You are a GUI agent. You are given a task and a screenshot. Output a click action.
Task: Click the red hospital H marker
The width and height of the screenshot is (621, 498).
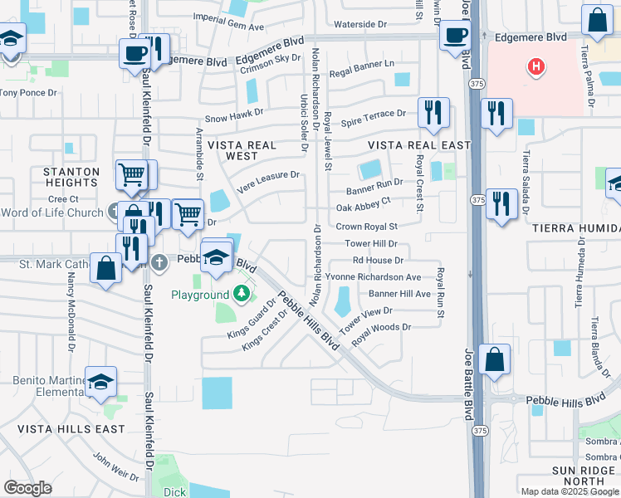coord(536,66)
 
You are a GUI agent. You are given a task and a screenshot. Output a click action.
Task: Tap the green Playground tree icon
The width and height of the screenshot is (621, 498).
coord(241,295)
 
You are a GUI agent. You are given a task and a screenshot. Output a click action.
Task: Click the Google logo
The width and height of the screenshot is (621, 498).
coord(27,488)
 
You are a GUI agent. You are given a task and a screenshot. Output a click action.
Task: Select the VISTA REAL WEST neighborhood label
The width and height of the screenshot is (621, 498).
coord(242,150)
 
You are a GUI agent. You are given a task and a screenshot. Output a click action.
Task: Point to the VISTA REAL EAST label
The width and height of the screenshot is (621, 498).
coord(419,145)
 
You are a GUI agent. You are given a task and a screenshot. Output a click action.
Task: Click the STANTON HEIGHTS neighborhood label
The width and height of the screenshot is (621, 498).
coord(71,177)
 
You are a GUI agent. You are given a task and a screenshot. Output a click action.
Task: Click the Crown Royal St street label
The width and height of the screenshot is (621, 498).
coord(366,226)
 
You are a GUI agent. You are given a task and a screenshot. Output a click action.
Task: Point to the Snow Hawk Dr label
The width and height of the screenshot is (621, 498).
coord(233,112)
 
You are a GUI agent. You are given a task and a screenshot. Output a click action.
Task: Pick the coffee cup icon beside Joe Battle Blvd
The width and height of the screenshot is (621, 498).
coord(454,36)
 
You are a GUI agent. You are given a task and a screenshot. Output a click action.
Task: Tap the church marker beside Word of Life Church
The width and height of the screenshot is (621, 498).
coord(113,212)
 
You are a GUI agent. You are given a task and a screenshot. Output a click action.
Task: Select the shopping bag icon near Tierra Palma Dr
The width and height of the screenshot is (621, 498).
coord(597,20)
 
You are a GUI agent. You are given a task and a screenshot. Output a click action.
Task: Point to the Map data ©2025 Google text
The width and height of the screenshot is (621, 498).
coord(570,491)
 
